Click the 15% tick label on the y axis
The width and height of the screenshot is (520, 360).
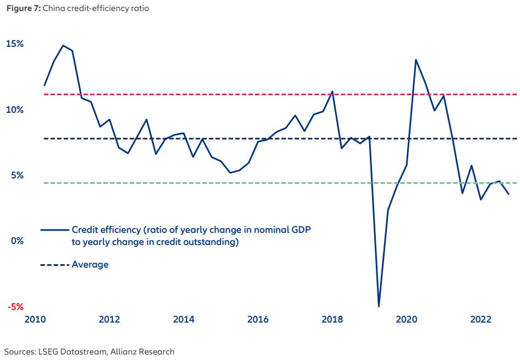coord(15,44)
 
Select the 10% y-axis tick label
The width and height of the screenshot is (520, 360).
coord(15,110)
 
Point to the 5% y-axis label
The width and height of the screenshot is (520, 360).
coord(17,176)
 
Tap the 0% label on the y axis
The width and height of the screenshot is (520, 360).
coord(17,241)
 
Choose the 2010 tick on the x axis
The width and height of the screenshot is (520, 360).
coord(36,320)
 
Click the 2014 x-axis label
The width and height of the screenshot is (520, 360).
coord(184,320)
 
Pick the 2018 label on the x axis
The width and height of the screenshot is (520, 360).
coord(333,320)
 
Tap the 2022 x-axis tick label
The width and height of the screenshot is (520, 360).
coord(481,320)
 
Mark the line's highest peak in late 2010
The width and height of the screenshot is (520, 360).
coord(63,46)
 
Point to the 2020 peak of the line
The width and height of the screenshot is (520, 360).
coord(415,59)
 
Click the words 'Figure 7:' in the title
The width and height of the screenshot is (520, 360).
coord(21,9)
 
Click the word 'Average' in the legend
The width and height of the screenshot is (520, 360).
coord(90,265)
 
